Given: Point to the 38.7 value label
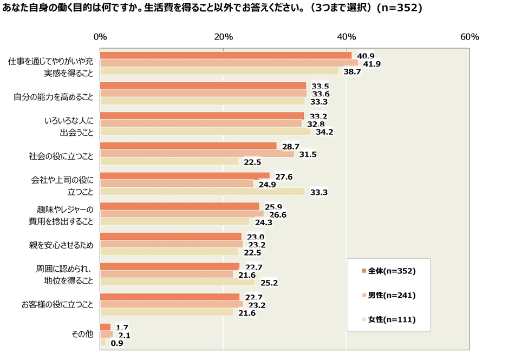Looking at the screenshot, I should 351,71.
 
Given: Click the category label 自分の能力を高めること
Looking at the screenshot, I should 53,97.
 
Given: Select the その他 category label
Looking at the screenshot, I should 83,335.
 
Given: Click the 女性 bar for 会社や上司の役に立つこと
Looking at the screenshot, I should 203,191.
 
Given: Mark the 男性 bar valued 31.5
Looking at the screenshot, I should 197,154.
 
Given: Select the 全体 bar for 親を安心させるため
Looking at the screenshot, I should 171,236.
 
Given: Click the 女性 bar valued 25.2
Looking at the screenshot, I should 178,282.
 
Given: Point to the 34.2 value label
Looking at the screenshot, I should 323,132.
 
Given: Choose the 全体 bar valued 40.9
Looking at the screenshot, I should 226,55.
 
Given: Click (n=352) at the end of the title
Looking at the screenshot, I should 398,9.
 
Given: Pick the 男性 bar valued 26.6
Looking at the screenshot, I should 182,214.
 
